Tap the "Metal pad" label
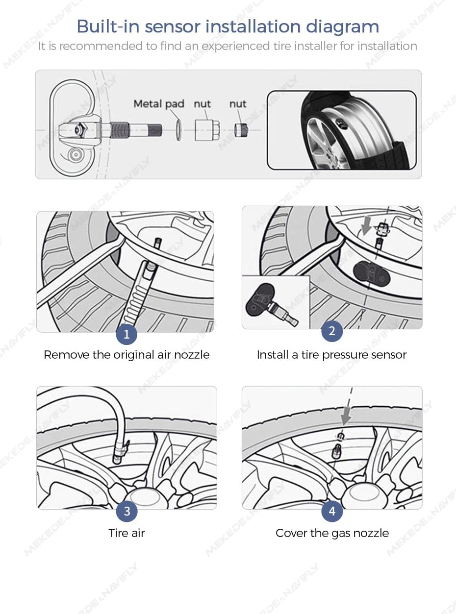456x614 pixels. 159,104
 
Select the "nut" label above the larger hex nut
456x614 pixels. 202,104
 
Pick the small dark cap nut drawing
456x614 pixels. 240,130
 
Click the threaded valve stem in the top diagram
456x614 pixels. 142,130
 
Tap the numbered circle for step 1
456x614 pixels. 127,334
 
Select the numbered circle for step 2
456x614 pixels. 332,331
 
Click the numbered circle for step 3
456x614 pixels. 127,512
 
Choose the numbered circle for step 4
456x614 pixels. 332,512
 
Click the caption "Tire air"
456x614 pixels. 127,533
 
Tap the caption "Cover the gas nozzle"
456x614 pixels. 332,533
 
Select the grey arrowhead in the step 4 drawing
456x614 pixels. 347,418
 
